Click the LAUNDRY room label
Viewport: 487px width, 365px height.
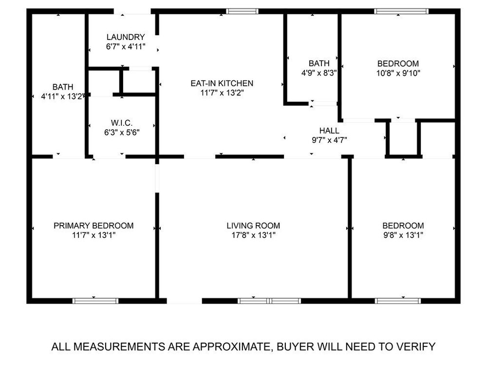tap(126, 37)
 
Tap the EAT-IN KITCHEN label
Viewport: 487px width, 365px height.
tap(222, 83)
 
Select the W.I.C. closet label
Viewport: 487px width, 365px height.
tap(122, 123)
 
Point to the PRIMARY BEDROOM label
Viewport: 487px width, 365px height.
tap(94, 226)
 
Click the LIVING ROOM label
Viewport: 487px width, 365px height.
tap(253, 226)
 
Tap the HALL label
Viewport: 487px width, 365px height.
tap(329, 131)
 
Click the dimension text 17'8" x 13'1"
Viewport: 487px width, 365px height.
tap(253, 235)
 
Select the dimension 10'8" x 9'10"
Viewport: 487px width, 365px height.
tap(398, 73)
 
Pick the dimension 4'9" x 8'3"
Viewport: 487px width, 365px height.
tap(319, 73)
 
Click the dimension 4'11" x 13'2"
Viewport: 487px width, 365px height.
tap(62, 96)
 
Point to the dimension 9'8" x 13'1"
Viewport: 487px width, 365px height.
tap(403, 235)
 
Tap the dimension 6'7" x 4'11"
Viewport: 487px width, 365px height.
tap(126, 47)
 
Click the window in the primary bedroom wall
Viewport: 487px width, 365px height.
tap(95, 301)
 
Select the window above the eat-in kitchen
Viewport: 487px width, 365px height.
tap(242, 12)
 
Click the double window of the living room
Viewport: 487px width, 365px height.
tap(269, 301)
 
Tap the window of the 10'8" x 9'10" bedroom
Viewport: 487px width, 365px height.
tap(401, 12)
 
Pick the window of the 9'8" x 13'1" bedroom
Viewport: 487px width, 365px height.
tap(398, 301)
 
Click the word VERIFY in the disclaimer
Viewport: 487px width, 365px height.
tap(416, 346)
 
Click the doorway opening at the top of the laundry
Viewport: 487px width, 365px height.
tap(132, 12)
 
